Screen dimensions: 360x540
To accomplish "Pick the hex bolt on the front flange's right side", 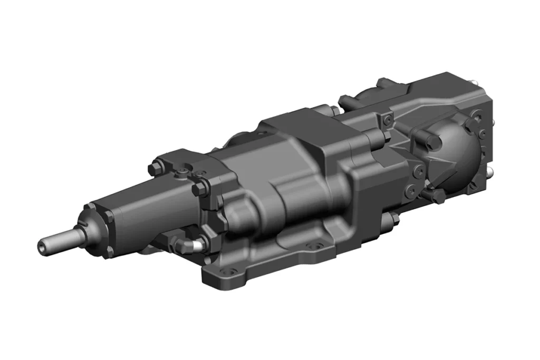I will tap(202, 189).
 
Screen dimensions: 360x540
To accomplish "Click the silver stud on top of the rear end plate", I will tap(490, 122).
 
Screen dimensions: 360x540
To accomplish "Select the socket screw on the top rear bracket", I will tap(388, 120).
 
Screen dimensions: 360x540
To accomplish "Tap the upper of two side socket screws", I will tap(419, 169).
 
